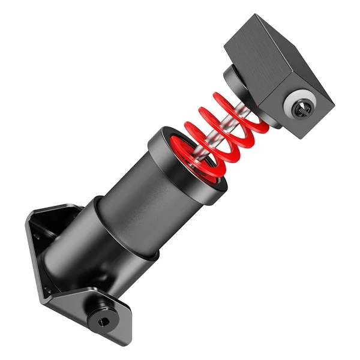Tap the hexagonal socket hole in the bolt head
pyautogui.click(x=101, y=321)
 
